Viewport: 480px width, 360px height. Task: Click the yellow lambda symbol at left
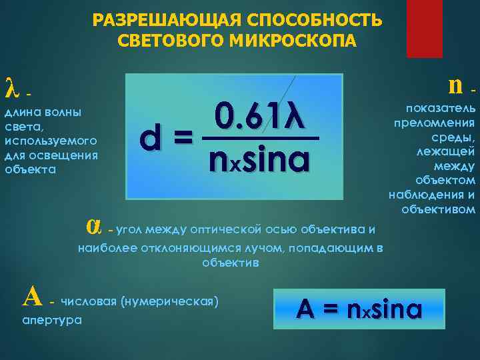point(10,87)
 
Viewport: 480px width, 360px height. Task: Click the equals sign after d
point(182,139)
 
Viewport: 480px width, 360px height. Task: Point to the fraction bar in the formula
point(260,139)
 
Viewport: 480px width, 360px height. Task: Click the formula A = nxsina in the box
point(359,309)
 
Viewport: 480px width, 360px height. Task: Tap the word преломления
point(434,122)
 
